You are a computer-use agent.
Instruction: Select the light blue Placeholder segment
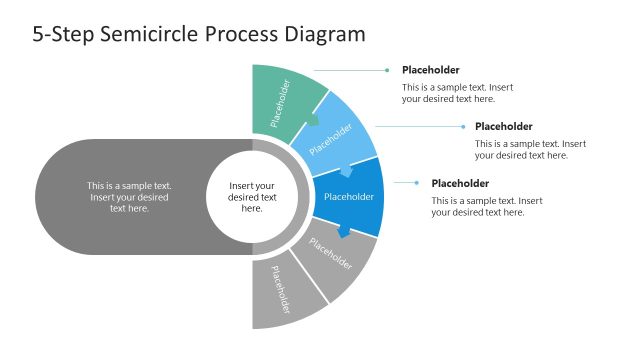[x=335, y=135]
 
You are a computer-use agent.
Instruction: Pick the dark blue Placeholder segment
[x=349, y=196]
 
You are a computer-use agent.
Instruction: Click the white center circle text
[x=252, y=197]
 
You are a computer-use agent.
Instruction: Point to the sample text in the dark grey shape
[x=129, y=197]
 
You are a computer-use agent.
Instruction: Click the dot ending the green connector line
[x=387, y=70]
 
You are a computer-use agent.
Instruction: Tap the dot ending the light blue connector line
[x=461, y=127]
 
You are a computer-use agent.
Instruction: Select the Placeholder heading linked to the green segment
[x=431, y=70]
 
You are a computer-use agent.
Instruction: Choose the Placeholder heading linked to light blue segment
[x=503, y=127]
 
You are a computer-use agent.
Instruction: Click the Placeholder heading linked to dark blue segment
[x=460, y=183]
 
